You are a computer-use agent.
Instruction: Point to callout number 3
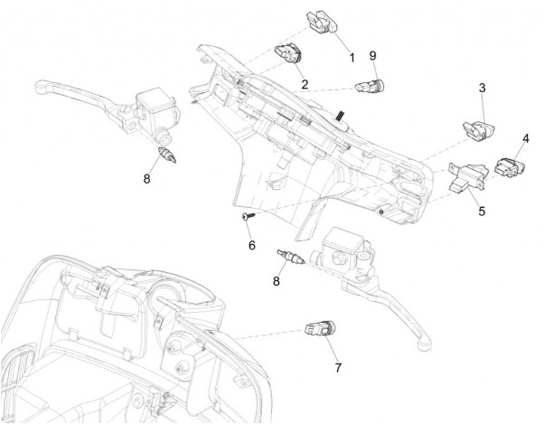(x=482, y=88)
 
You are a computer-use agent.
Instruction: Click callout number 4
(x=525, y=138)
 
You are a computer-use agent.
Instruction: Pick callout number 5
(x=481, y=212)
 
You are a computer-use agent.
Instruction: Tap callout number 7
(x=338, y=367)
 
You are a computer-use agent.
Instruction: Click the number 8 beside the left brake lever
(x=147, y=179)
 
